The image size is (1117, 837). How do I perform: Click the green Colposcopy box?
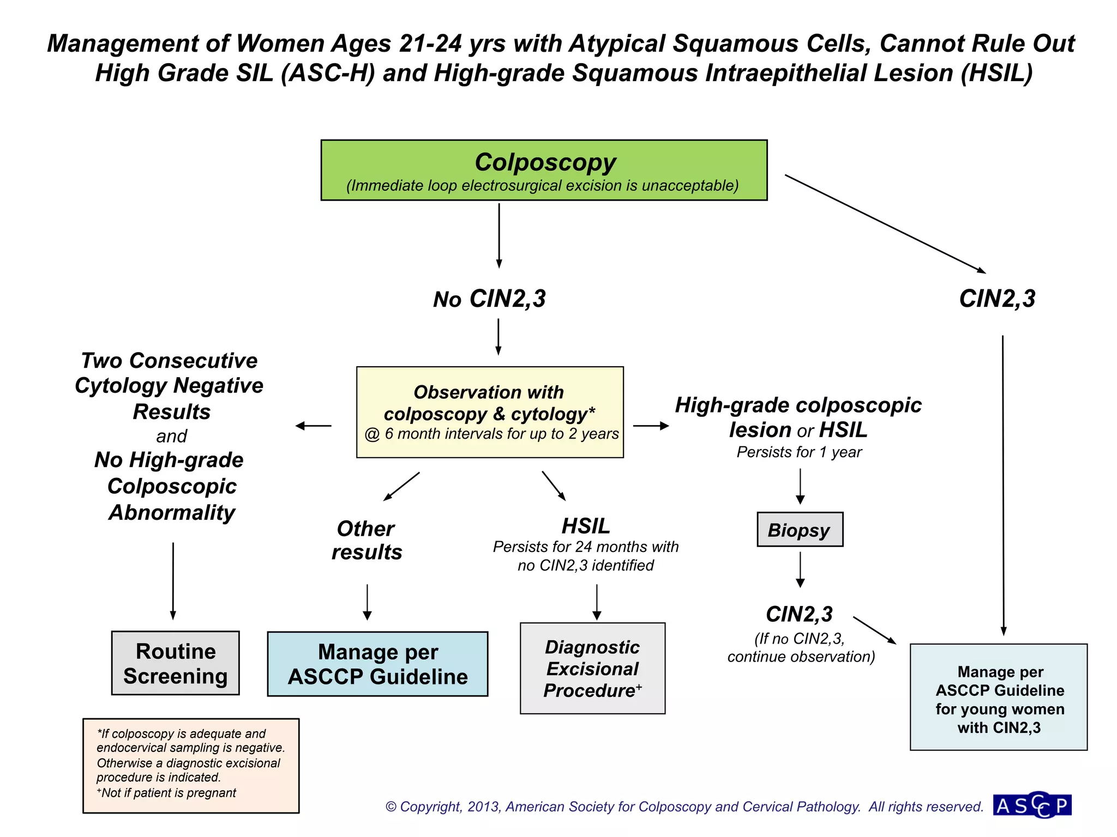(x=544, y=170)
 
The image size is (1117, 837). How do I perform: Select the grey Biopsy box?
(x=800, y=530)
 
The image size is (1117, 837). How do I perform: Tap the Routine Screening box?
(x=175, y=663)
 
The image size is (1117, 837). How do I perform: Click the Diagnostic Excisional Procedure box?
(x=592, y=669)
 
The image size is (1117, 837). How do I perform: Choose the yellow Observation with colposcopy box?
(x=490, y=413)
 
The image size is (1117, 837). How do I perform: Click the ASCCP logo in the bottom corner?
(x=1032, y=805)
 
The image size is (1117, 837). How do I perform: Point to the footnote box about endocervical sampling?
(x=191, y=766)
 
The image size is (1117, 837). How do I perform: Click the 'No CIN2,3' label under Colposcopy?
(x=489, y=299)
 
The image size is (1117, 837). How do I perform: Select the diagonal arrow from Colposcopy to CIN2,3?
(x=885, y=223)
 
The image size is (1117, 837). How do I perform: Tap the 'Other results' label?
(x=367, y=540)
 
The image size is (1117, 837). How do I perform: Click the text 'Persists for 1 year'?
(x=799, y=452)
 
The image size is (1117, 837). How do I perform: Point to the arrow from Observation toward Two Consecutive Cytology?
(x=314, y=426)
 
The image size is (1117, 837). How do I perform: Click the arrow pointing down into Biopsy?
(x=800, y=486)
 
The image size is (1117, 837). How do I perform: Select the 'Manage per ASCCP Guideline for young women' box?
(x=999, y=697)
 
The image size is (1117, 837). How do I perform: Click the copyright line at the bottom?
(x=684, y=806)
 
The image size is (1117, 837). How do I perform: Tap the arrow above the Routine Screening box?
(x=173, y=580)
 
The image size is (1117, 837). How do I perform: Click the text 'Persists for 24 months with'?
(x=585, y=547)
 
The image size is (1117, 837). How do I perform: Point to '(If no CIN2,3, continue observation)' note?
(x=800, y=647)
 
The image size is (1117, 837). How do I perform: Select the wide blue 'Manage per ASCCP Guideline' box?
(x=377, y=664)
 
